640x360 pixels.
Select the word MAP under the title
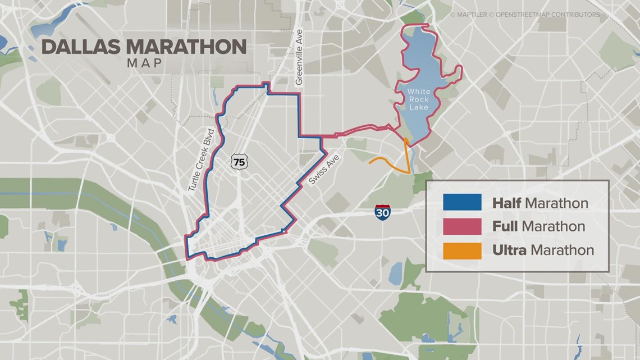pyautogui.click(x=144, y=63)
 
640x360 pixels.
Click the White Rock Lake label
pyautogui.click(x=418, y=99)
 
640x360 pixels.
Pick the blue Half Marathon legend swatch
pyautogui.click(x=461, y=202)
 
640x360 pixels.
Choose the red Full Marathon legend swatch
pyautogui.click(x=461, y=226)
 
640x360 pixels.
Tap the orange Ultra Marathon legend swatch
pyautogui.click(x=461, y=250)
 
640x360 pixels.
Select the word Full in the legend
pyautogui.click(x=505, y=227)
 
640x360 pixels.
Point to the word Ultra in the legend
pyautogui.click(x=509, y=250)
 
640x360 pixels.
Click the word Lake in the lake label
pyautogui.click(x=418, y=107)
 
